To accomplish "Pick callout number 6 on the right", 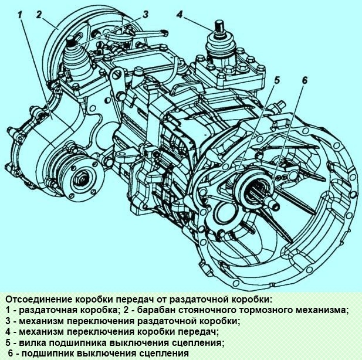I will click(304, 81).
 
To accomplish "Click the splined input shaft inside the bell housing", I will click(263, 194).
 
